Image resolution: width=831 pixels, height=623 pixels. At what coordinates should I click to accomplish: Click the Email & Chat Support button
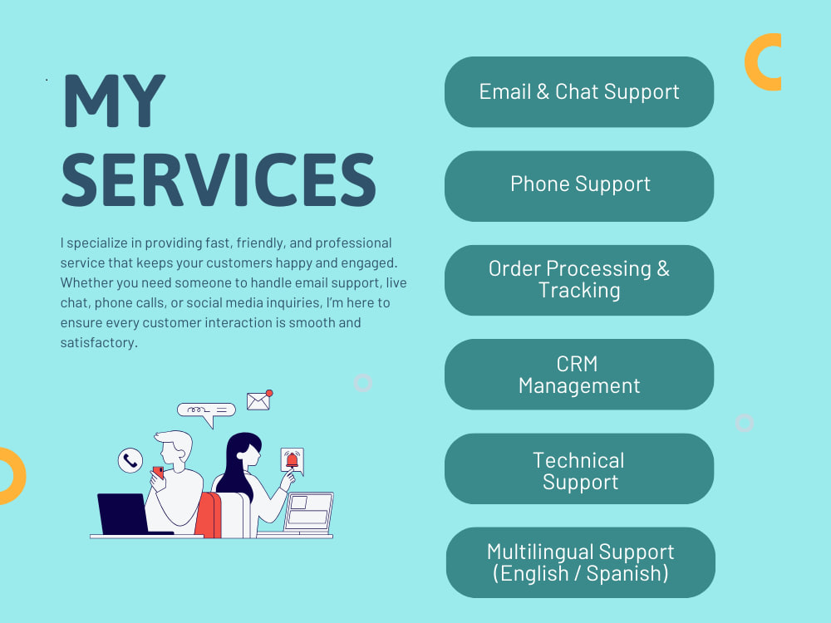pyautogui.click(x=579, y=92)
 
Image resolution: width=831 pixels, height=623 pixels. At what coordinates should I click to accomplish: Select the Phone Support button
pyautogui.click(x=579, y=186)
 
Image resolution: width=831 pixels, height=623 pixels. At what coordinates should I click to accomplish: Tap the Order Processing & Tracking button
pyautogui.click(x=579, y=280)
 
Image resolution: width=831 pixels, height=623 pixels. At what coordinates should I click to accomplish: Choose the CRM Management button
pyautogui.click(x=579, y=375)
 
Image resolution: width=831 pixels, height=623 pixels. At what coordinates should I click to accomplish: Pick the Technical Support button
pyautogui.click(x=579, y=468)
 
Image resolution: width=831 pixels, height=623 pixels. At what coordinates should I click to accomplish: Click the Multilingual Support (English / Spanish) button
pyautogui.click(x=580, y=562)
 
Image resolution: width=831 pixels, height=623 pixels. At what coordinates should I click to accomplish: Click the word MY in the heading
pyautogui.click(x=114, y=101)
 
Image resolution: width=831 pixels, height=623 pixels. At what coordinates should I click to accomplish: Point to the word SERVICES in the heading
pyautogui.click(x=219, y=179)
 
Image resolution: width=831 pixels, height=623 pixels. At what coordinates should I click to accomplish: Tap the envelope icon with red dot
pyautogui.click(x=259, y=400)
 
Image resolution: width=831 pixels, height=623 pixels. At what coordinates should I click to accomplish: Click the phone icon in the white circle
pyautogui.click(x=130, y=460)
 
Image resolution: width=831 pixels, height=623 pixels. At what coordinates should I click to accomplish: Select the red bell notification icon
pyautogui.click(x=292, y=460)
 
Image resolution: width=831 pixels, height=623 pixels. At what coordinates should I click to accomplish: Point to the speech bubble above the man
pyautogui.click(x=206, y=413)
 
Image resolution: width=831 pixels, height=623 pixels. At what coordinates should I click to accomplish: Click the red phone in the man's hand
pyautogui.click(x=158, y=472)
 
